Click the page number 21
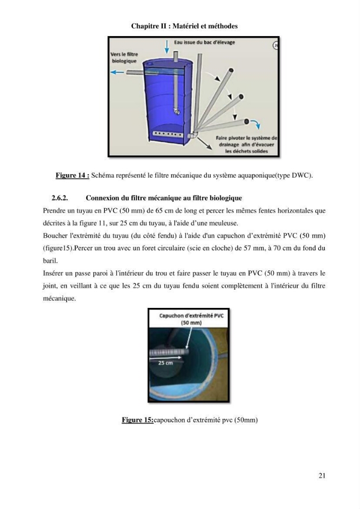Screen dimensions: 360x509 point(322,475)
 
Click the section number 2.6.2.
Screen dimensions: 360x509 point(60,197)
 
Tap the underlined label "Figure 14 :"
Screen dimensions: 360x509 point(72,175)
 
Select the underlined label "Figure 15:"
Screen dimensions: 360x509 point(137,420)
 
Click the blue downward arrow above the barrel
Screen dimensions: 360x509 point(167,47)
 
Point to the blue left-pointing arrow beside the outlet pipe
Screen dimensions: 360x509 point(117,72)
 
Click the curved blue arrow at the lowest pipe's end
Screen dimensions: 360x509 point(256,124)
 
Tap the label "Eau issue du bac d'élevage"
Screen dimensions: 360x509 point(204,42)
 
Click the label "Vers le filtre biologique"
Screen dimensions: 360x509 point(124,58)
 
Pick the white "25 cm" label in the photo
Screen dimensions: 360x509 point(165,363)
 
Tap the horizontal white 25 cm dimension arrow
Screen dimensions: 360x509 point(165,358)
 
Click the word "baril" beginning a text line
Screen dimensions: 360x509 point(50,261)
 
